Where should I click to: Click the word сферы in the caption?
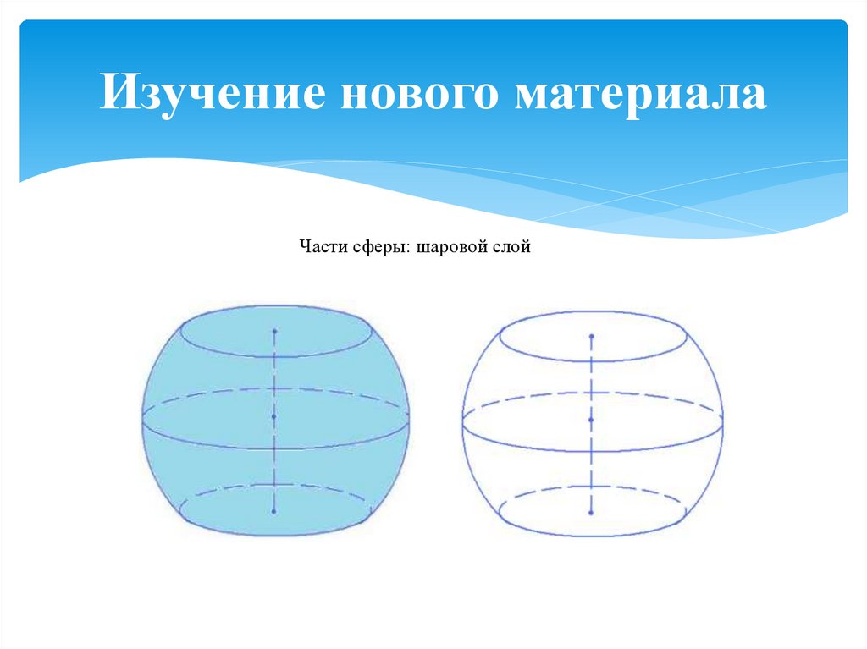tap(379, 248)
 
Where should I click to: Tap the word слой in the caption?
tap(512, 248)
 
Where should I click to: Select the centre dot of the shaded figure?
tap(275, 417)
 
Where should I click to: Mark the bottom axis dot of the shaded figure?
tap(275, 511)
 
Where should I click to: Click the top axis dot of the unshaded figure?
tap(591, 336)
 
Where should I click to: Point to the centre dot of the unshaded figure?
tap(591, 420)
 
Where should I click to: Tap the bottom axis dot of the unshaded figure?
tap(591, 511)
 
